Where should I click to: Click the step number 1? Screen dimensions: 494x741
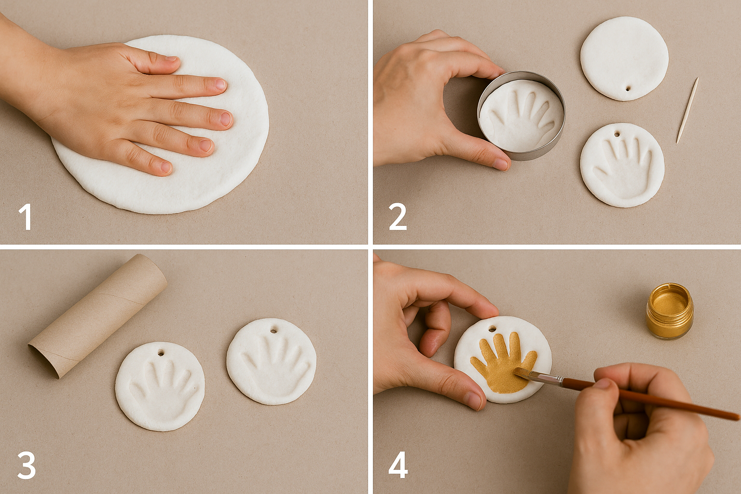pos(25,217)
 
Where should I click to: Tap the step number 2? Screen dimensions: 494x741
pos(398,217)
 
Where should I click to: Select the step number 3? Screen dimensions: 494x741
pos(26,465)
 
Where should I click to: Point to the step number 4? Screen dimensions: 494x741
pos(398,465)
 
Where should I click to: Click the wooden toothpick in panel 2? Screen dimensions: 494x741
pos(687,110)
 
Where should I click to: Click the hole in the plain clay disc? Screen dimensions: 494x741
pos(628,89)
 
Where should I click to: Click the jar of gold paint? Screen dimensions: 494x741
pos(670,311)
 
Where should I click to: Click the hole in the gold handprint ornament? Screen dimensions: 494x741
pos(492,329)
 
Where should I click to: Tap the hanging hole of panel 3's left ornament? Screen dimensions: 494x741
pos(160,353)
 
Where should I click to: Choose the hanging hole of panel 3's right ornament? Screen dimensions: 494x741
pos(274,330)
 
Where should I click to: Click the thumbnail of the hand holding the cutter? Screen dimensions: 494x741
pos(500,165)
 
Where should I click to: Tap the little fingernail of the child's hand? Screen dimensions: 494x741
pos(166,167)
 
